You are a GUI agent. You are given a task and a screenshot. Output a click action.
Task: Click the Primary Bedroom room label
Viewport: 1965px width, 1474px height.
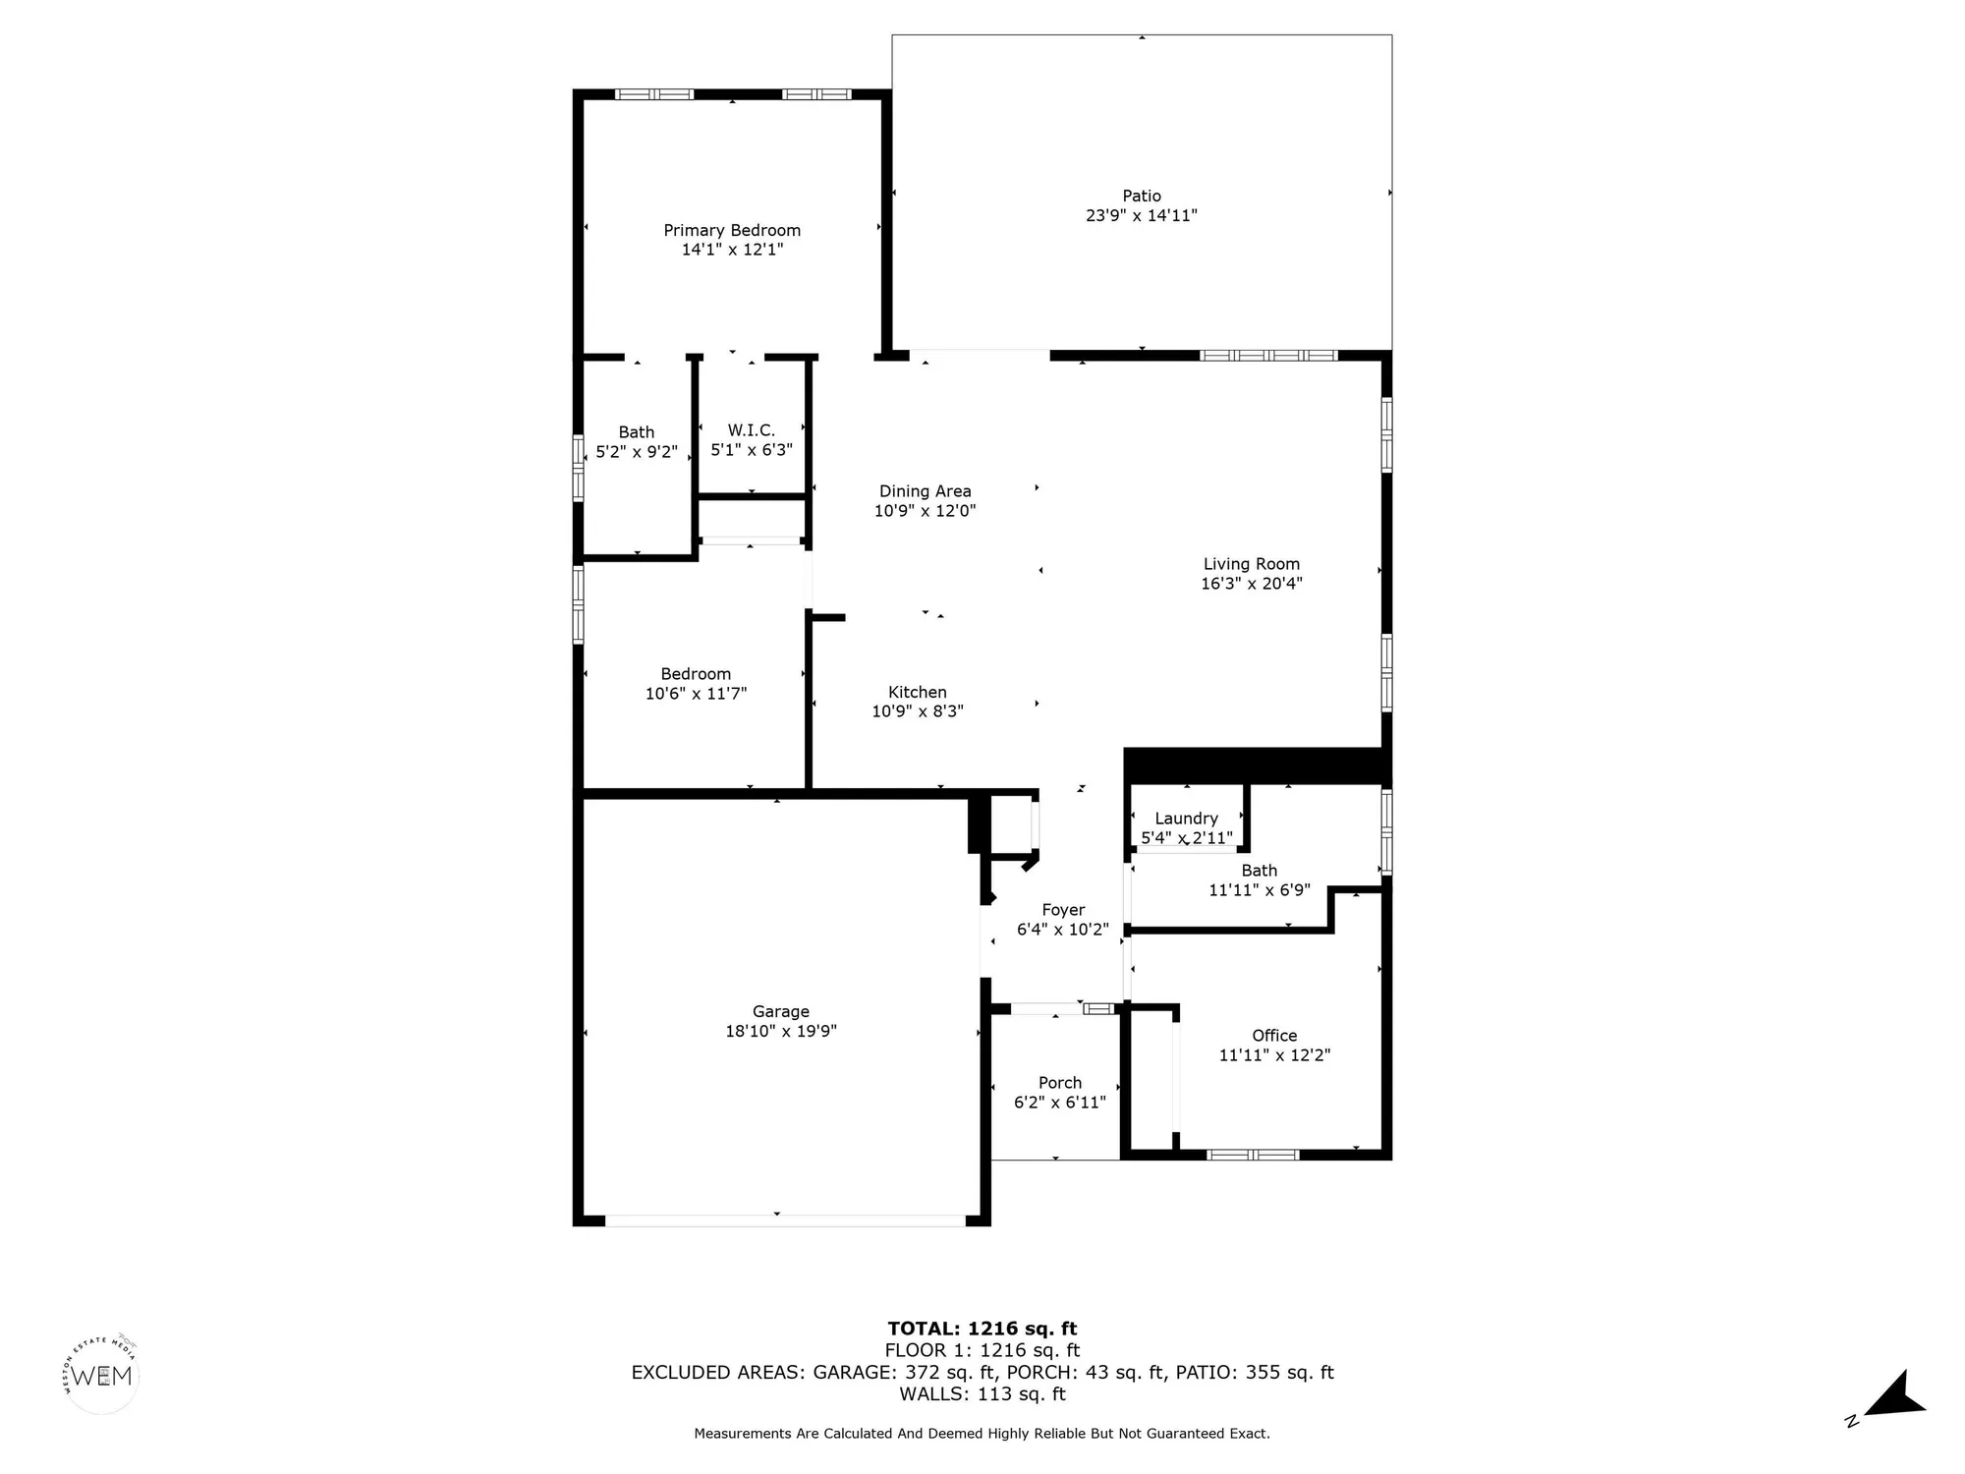[732, 230]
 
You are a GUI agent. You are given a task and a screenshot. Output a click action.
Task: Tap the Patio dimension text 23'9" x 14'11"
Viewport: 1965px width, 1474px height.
[1141, 215]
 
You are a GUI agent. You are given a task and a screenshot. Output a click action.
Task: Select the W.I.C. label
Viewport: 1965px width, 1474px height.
[752, 430]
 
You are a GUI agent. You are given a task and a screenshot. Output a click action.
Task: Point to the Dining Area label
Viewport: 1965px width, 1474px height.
[925, 491]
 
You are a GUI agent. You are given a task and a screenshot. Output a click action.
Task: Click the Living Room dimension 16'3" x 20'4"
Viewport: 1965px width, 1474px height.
[1251, 583]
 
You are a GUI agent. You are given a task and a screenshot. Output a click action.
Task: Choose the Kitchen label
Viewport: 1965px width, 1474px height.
[917, 692]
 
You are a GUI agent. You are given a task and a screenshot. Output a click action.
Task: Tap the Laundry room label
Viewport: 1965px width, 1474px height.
[1186, 819]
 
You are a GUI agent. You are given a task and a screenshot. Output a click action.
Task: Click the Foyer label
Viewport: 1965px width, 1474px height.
[1063, 910]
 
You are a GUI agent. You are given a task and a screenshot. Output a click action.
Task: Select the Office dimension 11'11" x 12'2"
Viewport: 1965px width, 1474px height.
[1274, 1055]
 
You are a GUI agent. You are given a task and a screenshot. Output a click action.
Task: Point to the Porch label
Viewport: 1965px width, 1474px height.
[1059, 1083]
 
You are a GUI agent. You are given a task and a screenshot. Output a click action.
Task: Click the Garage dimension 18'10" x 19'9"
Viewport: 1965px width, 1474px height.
[781, 1031]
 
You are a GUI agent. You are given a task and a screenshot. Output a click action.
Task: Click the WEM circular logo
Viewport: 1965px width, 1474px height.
[102, 1376]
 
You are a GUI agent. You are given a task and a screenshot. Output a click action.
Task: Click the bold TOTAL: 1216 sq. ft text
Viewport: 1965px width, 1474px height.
[982, 1330]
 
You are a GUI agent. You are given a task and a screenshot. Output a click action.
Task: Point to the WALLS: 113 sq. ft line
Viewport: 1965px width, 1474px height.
[982, 1393]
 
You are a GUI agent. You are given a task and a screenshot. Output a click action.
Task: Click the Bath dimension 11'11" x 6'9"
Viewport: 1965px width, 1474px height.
[1259, 890]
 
